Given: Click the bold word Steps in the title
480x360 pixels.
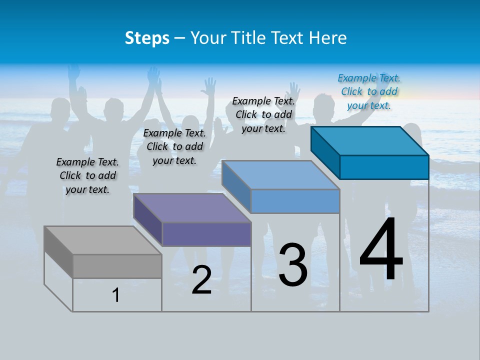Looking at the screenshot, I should coord(147,38).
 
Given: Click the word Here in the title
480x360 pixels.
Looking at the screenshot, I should coord(327,38).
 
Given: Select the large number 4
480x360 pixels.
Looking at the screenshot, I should coord(381,249).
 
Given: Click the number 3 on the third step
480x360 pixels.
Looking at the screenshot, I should coord(293,264).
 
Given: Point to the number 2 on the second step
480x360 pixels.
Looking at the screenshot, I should coord(201,280).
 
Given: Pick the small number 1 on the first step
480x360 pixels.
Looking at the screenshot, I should coord(116,295).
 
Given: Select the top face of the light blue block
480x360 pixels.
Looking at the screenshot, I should coord(280,175).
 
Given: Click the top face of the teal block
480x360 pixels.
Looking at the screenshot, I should coord(370,141).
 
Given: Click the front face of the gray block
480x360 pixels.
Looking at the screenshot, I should coord(117,266).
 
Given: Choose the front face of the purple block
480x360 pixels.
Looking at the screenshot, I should coord(206,234).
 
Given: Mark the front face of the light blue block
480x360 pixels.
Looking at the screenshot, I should coord(295,201).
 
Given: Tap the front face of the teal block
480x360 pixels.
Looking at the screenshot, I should coord(384,167).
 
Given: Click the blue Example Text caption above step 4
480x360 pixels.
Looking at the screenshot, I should coord(369,91).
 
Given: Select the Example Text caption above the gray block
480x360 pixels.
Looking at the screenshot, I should coord(87,175).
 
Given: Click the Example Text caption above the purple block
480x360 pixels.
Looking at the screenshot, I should coord(174,146).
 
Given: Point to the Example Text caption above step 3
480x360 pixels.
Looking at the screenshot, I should coord(263,114).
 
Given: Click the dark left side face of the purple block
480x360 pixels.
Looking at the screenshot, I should coord(148,219).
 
